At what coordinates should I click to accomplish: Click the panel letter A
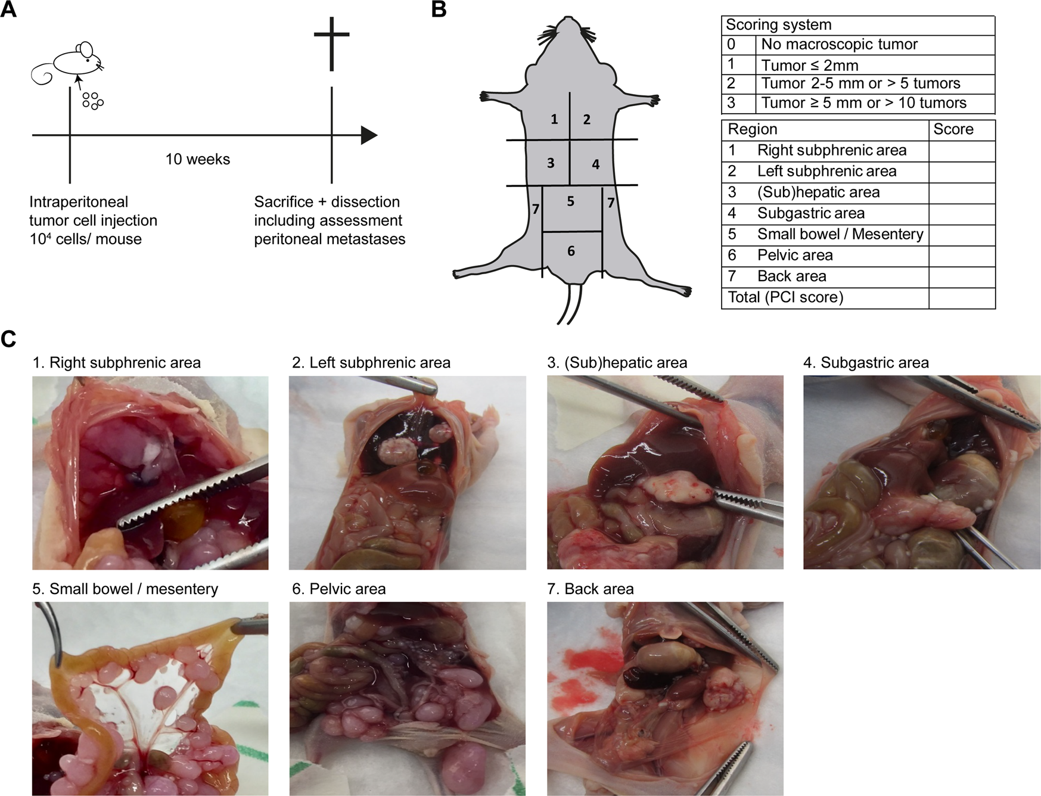[9, 10]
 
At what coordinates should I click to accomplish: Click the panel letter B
[439, 10]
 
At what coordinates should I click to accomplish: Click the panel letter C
[9, 338]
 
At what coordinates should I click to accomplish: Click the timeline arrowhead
[369, 136]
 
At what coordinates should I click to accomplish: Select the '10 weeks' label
[197, 159]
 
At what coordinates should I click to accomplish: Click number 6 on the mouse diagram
[571, 251]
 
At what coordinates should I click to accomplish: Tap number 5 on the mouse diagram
[570, 201]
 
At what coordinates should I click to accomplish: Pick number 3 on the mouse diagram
[551, 163]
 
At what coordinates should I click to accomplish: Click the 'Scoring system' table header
[778, 25]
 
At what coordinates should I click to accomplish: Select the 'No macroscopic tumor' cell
[839, 45]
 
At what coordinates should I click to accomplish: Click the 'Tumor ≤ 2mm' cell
[809, 65]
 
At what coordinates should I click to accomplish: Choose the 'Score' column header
[953, 130]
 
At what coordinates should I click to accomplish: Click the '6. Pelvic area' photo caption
[338, 589]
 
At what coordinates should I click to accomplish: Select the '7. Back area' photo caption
[590, 589]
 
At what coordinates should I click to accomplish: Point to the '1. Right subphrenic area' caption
[117, 362]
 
